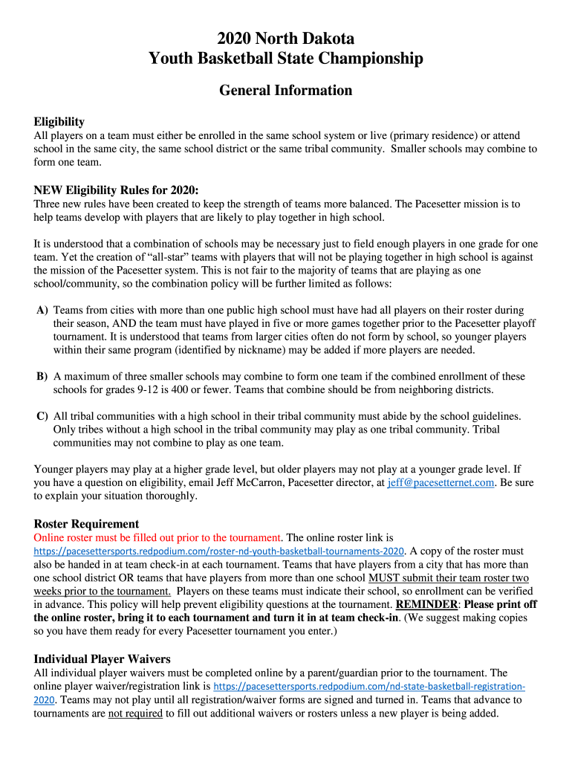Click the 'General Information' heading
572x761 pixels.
[286, 91]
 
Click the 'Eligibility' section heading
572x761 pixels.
[59, 121]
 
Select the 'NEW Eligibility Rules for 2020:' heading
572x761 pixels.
[117, 189]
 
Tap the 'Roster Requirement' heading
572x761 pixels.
[86, 523]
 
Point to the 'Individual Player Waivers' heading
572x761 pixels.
[103, 658]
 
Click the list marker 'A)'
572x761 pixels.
[42, 310]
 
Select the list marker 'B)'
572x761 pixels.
[42, 377]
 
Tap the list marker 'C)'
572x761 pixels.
[42, 416]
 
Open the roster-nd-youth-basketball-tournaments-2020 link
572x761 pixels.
[219, 551]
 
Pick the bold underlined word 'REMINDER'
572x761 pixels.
[426, 604]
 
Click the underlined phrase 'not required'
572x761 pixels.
[135, 713]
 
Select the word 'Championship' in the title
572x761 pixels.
[375, 59]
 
